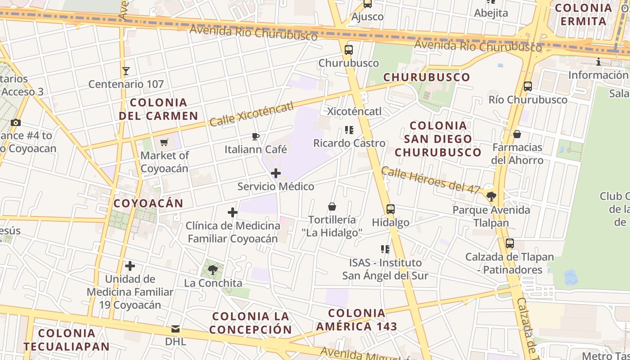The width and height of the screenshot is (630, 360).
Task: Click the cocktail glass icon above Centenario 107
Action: [126, 71]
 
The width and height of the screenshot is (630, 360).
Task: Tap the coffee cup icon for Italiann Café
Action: [256, 136]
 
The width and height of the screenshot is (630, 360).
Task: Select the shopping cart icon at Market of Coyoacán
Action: [164, 143]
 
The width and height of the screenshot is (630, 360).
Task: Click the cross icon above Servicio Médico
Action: [276, 173]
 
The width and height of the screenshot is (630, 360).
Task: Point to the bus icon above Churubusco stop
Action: [349, 50]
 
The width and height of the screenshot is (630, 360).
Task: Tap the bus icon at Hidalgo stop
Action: [391, 209]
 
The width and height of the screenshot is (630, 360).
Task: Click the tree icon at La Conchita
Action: [213, 270]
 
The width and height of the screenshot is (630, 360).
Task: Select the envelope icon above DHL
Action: [175, 329]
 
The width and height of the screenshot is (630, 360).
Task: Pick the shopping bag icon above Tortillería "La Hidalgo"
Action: [332, 207]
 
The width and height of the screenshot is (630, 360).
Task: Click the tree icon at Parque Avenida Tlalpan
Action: [491, 196]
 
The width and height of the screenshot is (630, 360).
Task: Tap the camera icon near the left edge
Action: [16, 123]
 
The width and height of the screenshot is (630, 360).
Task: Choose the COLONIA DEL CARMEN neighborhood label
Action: [158, 109]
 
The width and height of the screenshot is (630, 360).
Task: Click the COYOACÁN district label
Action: [148, 203]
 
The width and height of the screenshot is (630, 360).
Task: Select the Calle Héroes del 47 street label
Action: [431, 180]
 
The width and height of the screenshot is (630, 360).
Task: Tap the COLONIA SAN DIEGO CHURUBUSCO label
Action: [438, 139]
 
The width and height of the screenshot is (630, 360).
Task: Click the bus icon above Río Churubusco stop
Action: [528, 86]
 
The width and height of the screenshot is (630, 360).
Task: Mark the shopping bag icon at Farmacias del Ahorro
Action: [517, 134]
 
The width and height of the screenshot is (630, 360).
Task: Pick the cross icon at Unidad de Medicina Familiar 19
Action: [130, 266]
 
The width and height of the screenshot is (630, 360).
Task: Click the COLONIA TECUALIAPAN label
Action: [67, 340]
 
